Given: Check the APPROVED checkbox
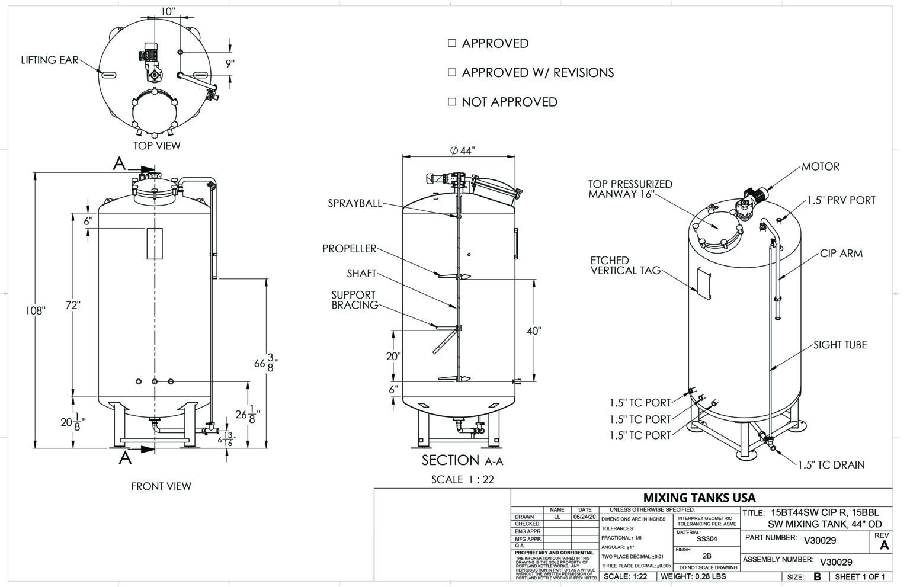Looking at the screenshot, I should [x=452, y=43].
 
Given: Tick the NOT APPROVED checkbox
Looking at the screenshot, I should [x=452, y=102].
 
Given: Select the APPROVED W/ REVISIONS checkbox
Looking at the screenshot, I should [x=452, y=72].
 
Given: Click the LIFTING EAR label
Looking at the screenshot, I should [x=50, y=60].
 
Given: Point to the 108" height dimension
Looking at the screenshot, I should [x=36, y=310].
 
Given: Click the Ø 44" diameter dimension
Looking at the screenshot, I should [x=462, y=151].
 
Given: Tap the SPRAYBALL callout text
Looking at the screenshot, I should [x=355, y=204].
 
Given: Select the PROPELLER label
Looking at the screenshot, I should [x=349, y=249].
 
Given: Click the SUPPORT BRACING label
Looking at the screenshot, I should [x=354, y=300].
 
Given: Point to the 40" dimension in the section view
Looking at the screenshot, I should [x=534, y=331].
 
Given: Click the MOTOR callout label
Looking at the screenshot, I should [x=820, y=167].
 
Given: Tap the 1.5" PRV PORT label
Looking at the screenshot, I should [x=841, y=201].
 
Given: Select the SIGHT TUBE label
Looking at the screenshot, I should [x=839, y=345].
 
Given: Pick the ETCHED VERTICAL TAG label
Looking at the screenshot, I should [x=625, y=265].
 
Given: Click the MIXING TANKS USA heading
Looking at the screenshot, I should [x=699, y=498].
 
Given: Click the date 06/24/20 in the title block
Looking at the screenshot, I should [x=584, y=517].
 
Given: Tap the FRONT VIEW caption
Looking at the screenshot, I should [x=161, y=487].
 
